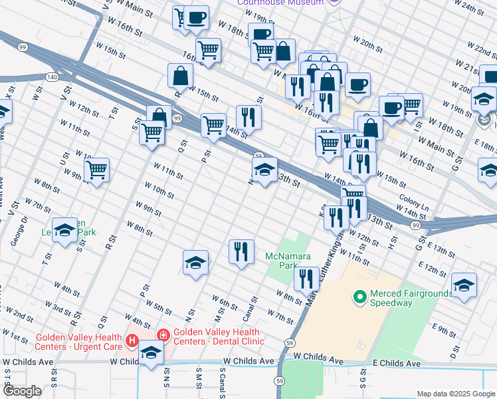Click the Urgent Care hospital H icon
tap(132, 342)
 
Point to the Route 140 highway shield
tap(51, 77)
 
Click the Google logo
tap(22, 391)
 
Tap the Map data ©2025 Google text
tap(455, 394)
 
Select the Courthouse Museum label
tap(282, 3)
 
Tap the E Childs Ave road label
tap(396, 364)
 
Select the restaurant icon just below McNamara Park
tap(306, 277)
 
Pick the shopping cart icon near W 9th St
tap(97, 170)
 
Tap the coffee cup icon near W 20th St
tap(357, 84)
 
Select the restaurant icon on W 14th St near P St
tap(248, 116)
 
